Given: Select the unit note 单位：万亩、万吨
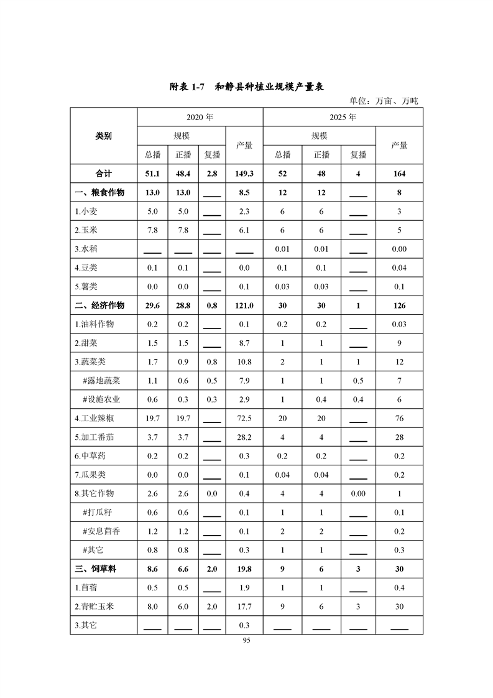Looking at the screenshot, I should [x=384, y=100].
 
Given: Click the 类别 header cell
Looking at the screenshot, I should [x=103, y=136].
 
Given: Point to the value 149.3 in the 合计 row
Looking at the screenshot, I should [x=244, y=174].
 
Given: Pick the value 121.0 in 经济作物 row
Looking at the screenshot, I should [x=244, y=305].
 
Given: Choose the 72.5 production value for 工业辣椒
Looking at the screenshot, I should [x=244, y=419].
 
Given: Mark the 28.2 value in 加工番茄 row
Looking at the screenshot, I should [x=244, y=437].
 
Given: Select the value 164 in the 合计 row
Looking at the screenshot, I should [x=399, y=174].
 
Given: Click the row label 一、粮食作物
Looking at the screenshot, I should [x=99, y=193].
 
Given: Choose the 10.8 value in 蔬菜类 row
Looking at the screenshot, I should [x=244, y=362].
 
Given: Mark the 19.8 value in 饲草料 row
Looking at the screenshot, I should [x=244, y=569].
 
